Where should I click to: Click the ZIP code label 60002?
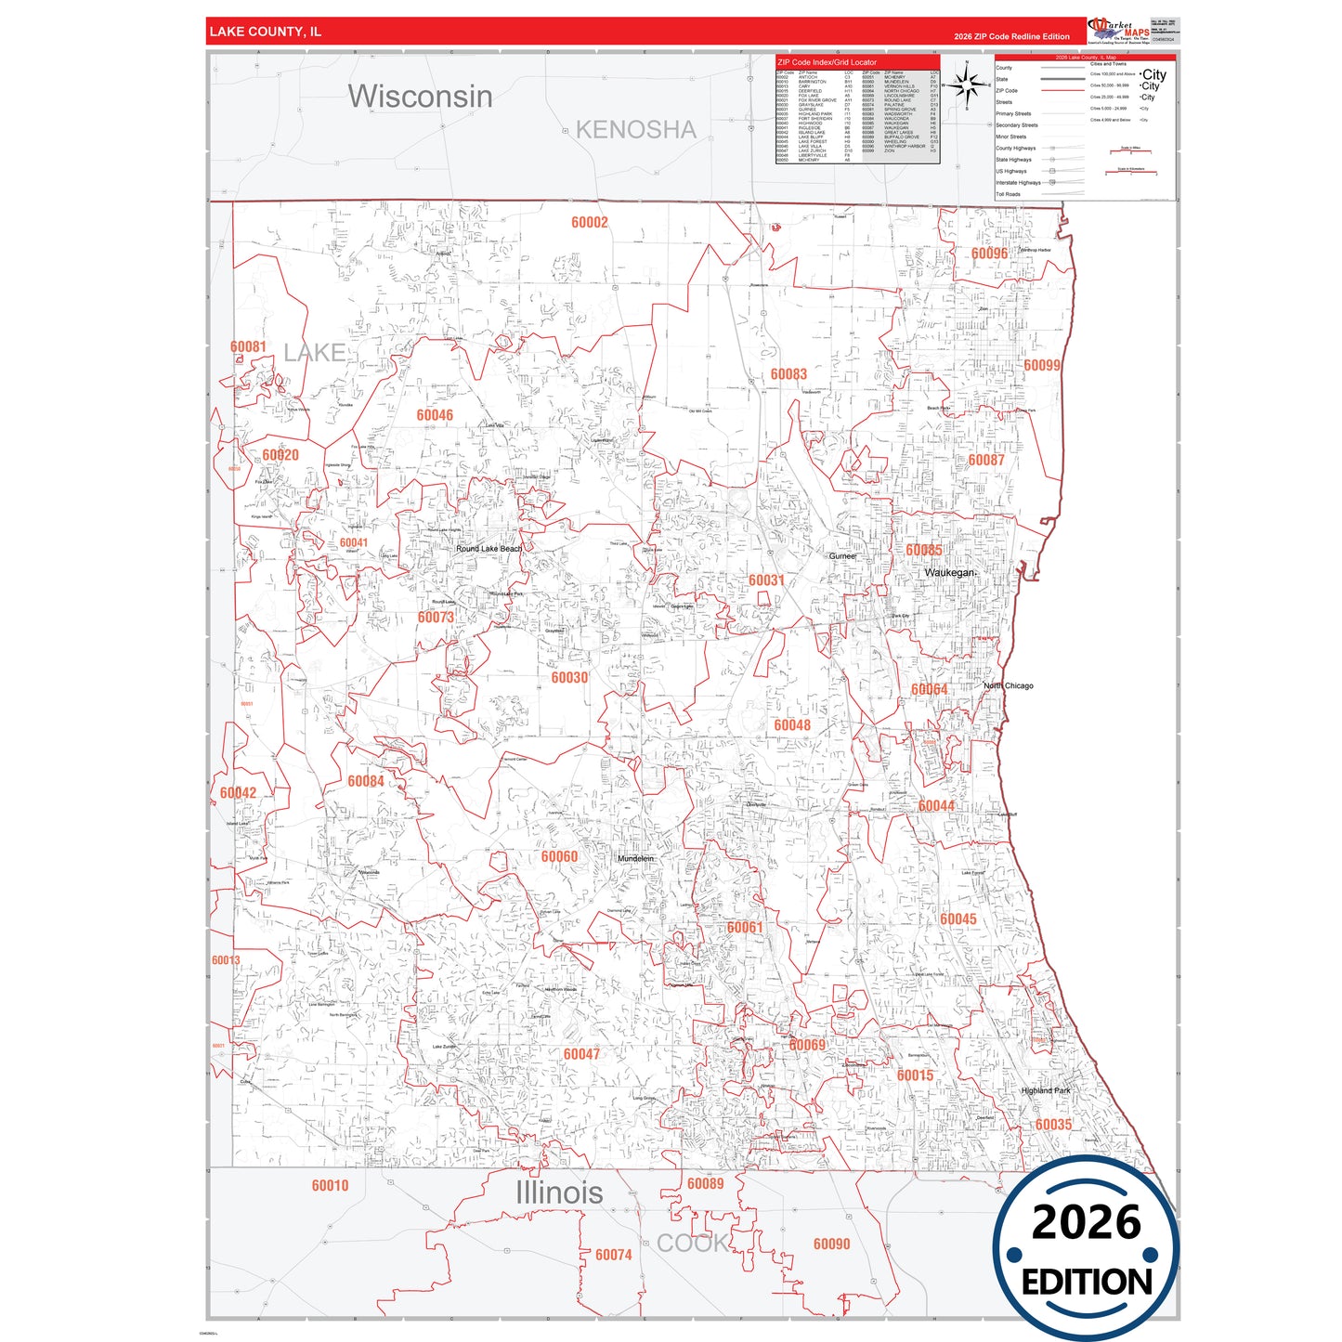590,222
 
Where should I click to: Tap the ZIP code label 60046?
435,415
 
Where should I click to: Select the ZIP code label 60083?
788,374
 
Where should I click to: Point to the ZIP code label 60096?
989,254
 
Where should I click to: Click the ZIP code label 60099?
1042,365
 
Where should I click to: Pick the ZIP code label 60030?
569,678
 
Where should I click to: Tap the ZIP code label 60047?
581,1054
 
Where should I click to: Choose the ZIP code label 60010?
330,1186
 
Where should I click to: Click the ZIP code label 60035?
1053,1125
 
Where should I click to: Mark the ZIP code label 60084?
366,781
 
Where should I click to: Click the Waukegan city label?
950,573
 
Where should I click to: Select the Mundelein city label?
636,859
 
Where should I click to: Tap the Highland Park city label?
1046,1091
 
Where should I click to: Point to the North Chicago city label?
1009,686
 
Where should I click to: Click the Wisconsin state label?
420,96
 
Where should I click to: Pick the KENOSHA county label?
635,130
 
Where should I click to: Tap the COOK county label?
692,1243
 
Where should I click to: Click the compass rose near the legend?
967,85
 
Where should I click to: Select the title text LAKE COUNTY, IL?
265,32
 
